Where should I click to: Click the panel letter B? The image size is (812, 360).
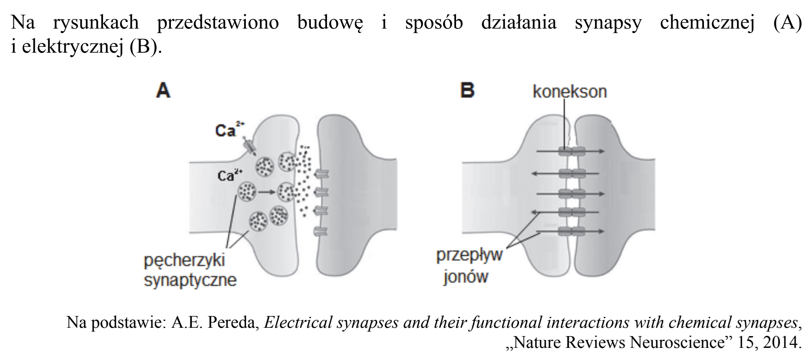[x=467, y=90]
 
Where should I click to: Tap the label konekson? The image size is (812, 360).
[x=570, y=91]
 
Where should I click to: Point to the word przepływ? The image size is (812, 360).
[x=469, y=255]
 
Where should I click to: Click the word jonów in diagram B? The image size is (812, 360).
[x=466, y=276]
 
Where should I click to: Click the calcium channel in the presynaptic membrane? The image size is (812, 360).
[x=250, y=146]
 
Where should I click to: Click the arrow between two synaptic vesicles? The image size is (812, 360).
[x=266, y=193]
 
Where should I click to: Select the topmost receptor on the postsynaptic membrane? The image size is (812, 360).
[x=322, y=173]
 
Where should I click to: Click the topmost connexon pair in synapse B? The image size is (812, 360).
[x=572, y=151]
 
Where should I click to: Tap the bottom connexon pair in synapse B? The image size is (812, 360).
[x=572, y=231]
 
